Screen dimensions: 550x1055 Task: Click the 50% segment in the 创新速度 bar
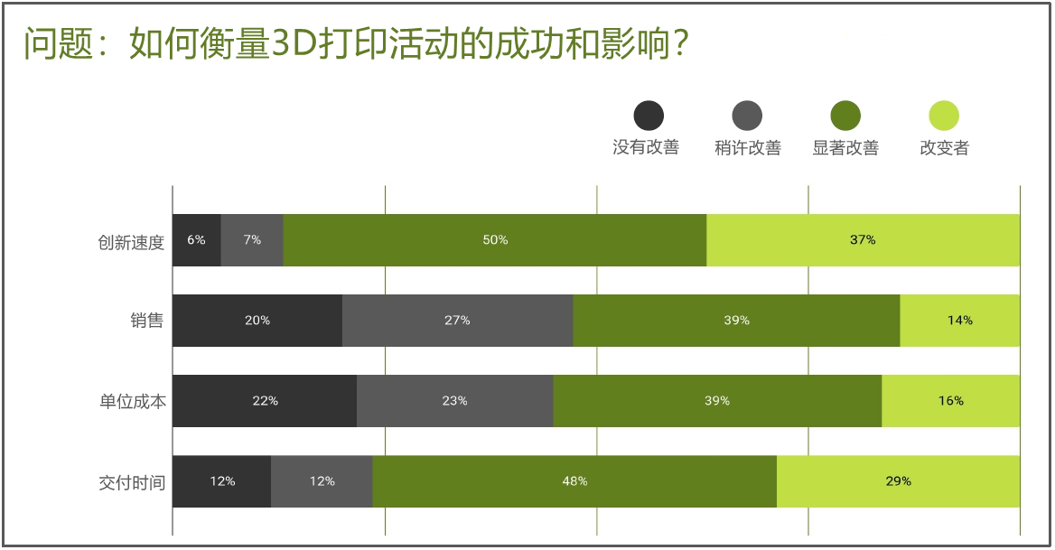(x=495, y=240)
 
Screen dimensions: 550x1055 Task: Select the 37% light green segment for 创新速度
(x=863, y=240)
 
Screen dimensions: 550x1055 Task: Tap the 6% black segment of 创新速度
(x=196, y=240)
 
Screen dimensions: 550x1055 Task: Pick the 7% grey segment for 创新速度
(x=252, y=240)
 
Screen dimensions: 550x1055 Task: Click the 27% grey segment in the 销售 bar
(x=457, y=321)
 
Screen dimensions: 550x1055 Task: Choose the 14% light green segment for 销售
(x=959, y=321)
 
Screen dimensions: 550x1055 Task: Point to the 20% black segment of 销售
(x=257, y=321)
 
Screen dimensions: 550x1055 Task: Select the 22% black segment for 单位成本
(x=265, y=401)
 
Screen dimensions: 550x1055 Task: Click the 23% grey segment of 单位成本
(x=454, y=401)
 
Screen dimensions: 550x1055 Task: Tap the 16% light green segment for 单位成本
(x=950, y=401)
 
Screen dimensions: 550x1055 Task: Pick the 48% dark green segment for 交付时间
(x=574, y=481)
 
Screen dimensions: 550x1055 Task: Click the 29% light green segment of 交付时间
(x=898, y=481)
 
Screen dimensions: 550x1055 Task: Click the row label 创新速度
(x=132, y=242)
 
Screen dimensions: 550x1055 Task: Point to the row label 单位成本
(x=132, y=402)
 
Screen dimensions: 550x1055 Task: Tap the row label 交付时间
(x=132, y=482)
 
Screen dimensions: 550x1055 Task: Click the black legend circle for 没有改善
(x=649, y=116)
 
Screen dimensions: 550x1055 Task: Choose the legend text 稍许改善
(x=747, y=148)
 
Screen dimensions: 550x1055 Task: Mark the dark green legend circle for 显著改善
(x=845, y=116)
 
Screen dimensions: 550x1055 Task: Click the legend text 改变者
(x=944, y=148)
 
